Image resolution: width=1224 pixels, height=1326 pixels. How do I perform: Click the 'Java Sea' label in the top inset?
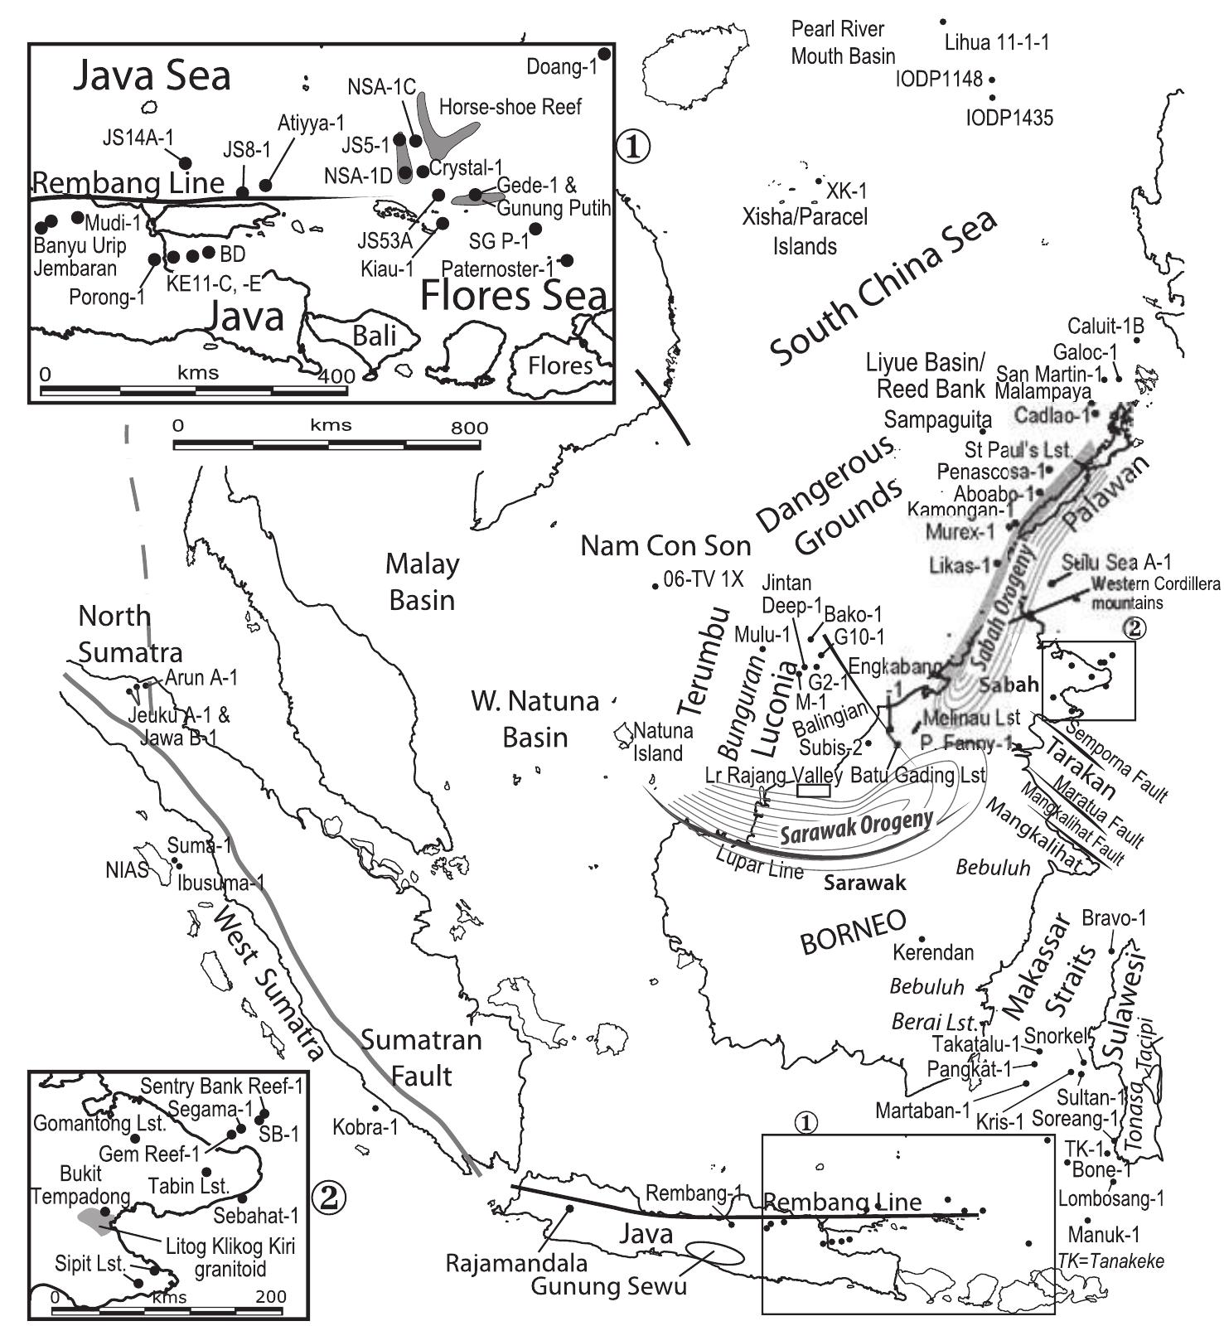[152, 76]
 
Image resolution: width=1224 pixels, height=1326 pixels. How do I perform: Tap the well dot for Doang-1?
[605, 54]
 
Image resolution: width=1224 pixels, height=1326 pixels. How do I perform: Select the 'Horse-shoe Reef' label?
[510, 107]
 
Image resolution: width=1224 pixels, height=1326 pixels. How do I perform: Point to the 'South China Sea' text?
[883, 288]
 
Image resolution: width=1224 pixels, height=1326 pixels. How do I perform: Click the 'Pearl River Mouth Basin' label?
[843, 43]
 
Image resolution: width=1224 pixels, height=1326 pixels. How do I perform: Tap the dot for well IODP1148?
[992, 80]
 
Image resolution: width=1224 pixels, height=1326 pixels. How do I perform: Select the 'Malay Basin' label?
[423, 581]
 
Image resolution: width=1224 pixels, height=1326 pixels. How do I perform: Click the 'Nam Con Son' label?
[665, 546]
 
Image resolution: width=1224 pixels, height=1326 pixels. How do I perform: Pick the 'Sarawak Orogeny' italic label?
[856, 827]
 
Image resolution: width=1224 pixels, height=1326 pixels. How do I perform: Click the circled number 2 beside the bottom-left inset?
[327, 1195]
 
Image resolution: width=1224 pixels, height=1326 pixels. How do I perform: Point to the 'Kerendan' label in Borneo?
[933, 953]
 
